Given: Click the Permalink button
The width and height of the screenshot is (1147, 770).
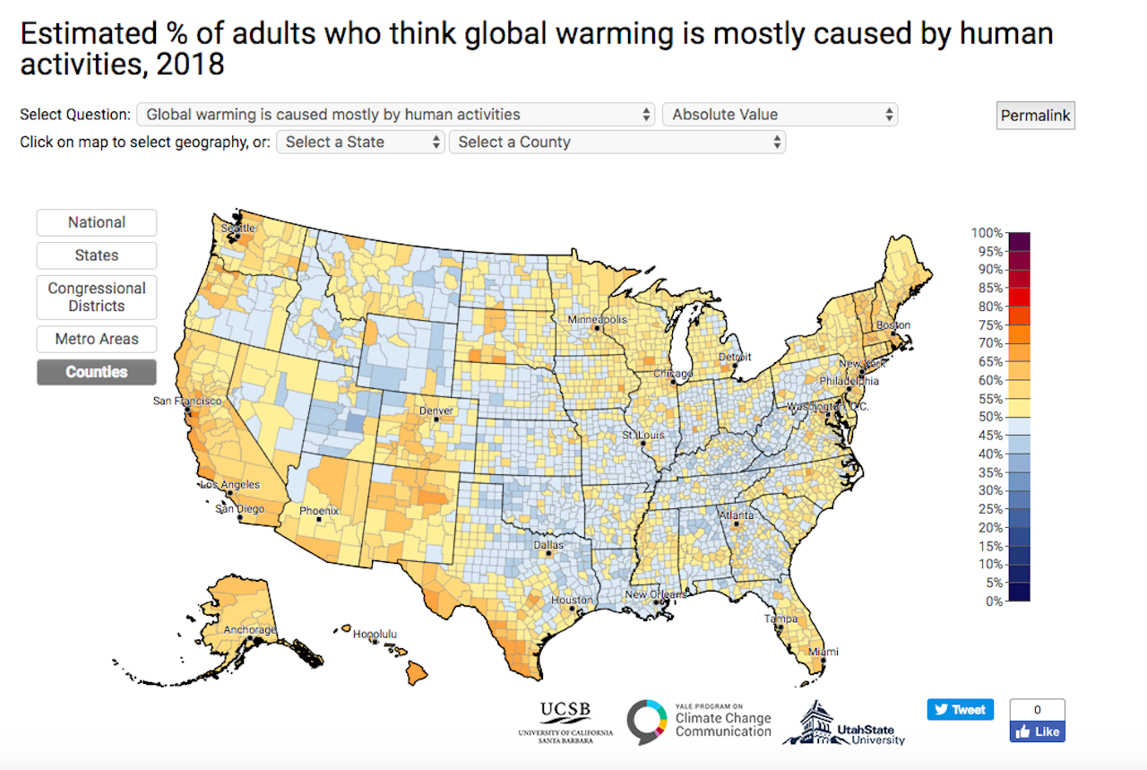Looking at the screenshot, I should point(1035,116).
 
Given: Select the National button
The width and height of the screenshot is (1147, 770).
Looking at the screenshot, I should point(97,222).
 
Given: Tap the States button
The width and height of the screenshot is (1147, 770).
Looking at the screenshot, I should point(97,255).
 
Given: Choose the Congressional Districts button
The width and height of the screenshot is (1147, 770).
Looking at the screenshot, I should point(97,297).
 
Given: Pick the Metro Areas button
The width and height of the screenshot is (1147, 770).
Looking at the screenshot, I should point(97,339).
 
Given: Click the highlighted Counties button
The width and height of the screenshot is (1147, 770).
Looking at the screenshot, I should point(97,372).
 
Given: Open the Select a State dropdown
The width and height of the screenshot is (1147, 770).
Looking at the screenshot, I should point(360,142).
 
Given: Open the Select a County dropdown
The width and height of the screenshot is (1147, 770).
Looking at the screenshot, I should point(617,142).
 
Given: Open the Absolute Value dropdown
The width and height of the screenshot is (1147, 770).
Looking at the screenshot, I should point(780,115).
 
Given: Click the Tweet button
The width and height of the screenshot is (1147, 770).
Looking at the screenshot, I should point(960,709).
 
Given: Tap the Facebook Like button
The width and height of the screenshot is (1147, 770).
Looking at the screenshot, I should point(1037,731).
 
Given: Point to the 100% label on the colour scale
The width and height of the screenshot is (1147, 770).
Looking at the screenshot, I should point(986,233).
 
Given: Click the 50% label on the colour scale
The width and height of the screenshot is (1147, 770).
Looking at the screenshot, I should point(988,417).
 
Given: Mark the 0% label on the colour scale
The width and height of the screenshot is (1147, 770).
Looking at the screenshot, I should point(992,601).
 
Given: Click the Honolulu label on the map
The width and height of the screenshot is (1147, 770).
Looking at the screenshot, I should point(375,634).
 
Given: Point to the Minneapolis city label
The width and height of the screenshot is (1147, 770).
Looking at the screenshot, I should point(597,320).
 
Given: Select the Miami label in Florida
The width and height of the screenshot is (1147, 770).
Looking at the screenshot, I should point(824,652).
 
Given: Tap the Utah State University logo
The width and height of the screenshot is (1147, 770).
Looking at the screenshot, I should point(844,722).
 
